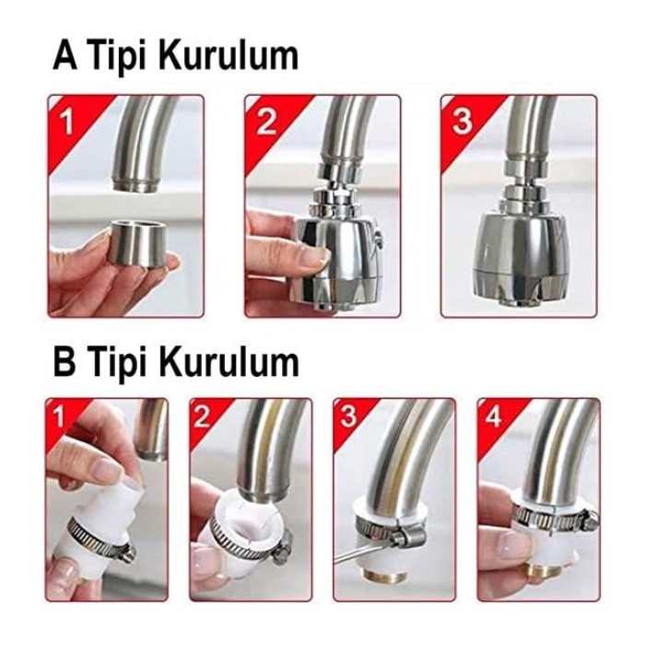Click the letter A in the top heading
click(x=65, y=55)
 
